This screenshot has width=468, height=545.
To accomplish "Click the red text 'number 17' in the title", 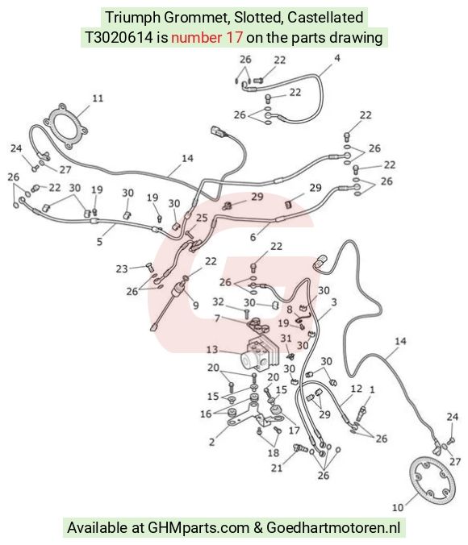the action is (207, 37).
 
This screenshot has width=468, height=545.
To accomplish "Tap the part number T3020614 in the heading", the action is (119, 37).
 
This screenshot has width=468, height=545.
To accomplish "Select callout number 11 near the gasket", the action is (98, 98).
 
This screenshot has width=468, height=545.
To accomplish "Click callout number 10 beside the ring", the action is (398, 507).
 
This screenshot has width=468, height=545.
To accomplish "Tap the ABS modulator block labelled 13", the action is (260, 354).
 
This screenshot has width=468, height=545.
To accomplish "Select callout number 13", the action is (212, 349).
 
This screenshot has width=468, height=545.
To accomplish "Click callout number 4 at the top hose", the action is (336, 58).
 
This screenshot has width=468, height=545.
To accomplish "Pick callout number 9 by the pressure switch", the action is (196, 306).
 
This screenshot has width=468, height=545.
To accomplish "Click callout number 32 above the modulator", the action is (218, 302).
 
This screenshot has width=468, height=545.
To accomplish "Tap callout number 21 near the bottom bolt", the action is (277, 468).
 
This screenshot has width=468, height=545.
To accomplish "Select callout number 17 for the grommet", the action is (295, 431).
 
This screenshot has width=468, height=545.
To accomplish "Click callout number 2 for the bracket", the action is (212, 442).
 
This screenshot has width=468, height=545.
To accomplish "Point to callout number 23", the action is (122, 269).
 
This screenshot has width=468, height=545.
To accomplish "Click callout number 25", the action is (202, 218).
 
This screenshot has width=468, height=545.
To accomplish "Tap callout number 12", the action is (357, 389).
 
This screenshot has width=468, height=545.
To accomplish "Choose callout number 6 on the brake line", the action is (253, 237).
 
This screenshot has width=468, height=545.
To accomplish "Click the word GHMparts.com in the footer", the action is (198, 527).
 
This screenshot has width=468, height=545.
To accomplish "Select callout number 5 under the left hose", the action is (99, 242).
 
